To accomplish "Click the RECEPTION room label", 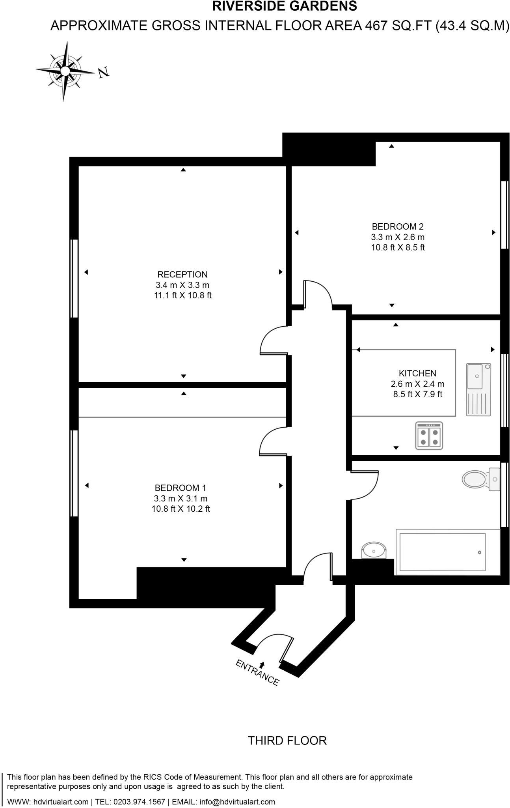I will pyautogui.click(x=182, y=274).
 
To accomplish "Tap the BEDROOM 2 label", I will pyautogui.click(x=397, y=226).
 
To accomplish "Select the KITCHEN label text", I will pyautogui.click(x=417, y=373).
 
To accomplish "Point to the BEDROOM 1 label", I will pyautogui.click(x=181, y=488).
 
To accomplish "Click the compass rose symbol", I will pyautogui.click(x=65, y=71).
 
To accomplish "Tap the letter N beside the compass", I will pyautogui.click(x=104, y=72).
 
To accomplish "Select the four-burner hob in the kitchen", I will pyautogui.click(x=429, y=436).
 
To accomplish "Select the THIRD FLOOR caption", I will pyautogui.click(x=287, y=741).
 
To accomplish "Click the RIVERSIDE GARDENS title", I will pyautogui.click(x=285, y=6).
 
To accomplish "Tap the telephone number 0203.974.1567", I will pyautogui.click(x=139, y=802).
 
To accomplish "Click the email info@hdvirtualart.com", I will pyautogui.click(x=237, y=802).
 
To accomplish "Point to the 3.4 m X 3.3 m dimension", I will pyautogui.click(x=182, y=285).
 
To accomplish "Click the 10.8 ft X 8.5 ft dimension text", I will pyautogui.click(x=397, y=248).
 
